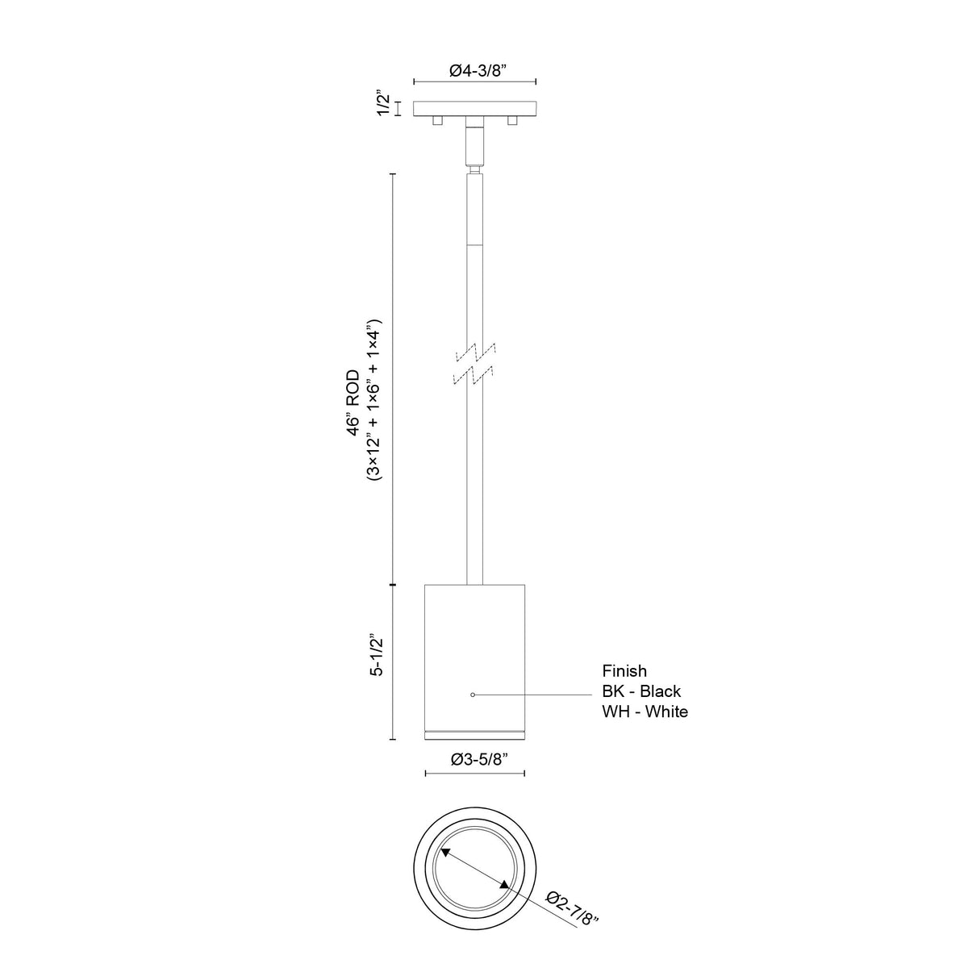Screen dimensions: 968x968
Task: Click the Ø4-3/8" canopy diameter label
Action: click(474, 71)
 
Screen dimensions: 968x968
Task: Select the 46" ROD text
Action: click(354, 403)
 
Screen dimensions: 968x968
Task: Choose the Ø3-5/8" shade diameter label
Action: click(474, 760)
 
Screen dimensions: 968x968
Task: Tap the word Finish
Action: click(624, 670)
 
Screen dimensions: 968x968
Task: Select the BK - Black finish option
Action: click(641, 691)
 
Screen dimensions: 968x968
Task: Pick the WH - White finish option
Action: click(645, 711)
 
